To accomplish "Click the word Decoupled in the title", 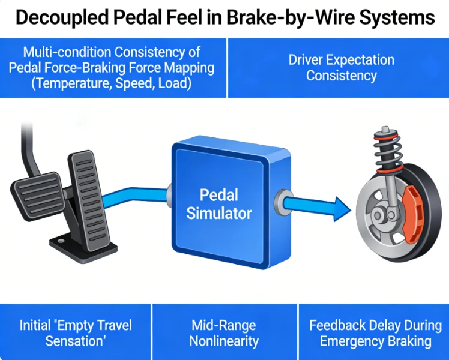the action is tap(62, 18).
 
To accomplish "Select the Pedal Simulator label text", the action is tap(219, 204).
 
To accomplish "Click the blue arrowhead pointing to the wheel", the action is tap(342, 209).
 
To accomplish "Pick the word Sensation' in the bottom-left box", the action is tap(76, 341).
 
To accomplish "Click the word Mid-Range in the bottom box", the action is tap(224, 326).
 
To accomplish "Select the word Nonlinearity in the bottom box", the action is tap(224, 341).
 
